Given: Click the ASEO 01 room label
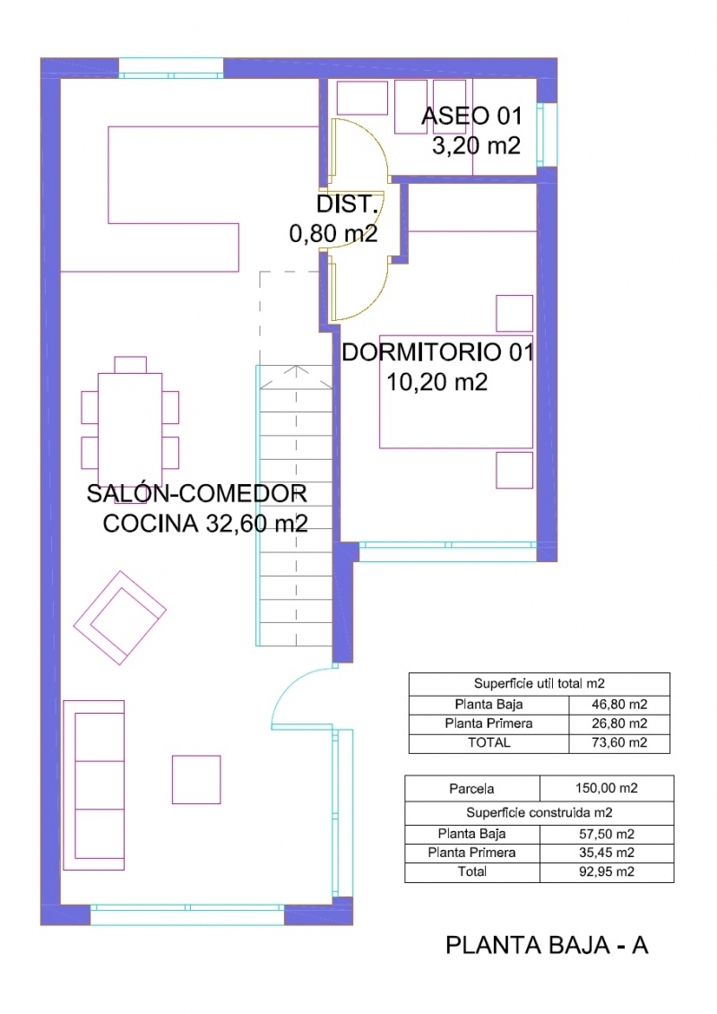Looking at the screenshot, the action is click(471, 116).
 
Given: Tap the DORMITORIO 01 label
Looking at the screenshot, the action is click(437, 352).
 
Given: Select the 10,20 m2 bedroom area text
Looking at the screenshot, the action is click(436, 382).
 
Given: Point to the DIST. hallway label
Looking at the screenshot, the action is click(347, 204).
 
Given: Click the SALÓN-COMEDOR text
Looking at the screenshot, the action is click(196, 493).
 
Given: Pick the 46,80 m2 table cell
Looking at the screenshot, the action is click(619, 704).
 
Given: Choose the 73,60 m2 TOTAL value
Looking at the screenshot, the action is click(619, 742).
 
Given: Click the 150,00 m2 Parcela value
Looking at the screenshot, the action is click(607, 788).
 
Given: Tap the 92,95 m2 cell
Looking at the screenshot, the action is click(607, 871).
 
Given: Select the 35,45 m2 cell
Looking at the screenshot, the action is click(607, 853).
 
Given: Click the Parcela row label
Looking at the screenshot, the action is click(472, 788).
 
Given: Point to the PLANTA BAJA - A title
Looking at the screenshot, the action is click(547, 946).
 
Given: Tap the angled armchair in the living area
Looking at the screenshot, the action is click(119, 618).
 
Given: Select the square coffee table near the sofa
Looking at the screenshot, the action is click(196, 780).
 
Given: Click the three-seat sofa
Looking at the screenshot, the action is click(94, 785).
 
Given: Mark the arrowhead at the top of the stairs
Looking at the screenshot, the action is click(296, 370).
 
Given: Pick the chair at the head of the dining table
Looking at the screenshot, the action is click(130, 365).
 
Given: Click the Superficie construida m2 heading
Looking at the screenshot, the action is click(540, 812).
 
